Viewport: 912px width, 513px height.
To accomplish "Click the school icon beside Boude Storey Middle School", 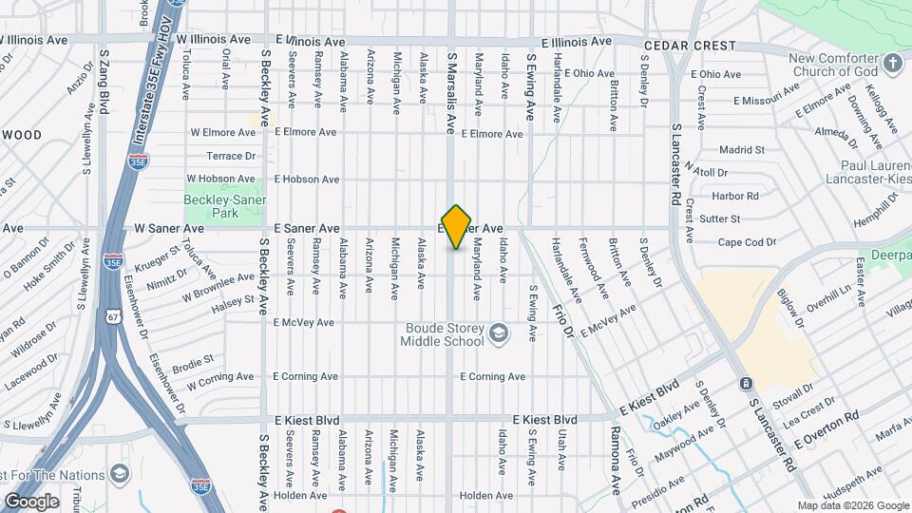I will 500,334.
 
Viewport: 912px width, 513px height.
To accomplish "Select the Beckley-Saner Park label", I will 225,207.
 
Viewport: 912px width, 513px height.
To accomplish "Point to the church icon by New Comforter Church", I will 892,64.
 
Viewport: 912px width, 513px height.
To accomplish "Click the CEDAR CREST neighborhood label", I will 690,46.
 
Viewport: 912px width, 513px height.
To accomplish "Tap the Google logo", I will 31,501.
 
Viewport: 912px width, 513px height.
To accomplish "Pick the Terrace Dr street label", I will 232,156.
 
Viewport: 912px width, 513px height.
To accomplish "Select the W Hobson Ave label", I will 222,179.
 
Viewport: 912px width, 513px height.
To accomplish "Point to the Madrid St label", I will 741,150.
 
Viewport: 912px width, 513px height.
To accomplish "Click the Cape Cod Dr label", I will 747,242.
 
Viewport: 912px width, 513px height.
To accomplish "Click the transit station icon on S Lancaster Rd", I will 747,384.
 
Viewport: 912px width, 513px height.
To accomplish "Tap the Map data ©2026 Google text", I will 852,505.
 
